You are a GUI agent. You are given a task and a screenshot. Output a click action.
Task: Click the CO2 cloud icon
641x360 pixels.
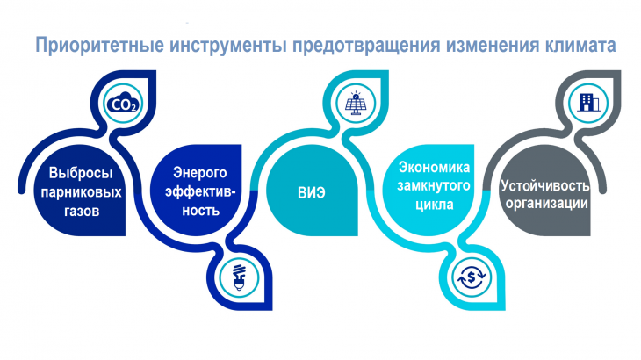(123, 104)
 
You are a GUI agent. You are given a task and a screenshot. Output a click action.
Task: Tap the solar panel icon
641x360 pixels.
(356, 103)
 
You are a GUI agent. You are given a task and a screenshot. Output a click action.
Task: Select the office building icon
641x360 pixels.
(588, 102)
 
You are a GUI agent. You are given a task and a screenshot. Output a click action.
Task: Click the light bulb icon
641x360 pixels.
(239, 277)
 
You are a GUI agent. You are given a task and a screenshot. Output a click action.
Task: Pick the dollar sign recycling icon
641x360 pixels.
(472, 277)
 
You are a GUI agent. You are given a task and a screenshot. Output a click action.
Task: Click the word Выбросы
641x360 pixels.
(81, 173)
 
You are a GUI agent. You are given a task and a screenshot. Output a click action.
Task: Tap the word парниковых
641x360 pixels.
(81, 192)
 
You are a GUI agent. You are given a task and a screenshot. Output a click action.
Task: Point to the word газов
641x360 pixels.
(82, 211)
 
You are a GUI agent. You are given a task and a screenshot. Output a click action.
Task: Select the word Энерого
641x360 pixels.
(199, 173)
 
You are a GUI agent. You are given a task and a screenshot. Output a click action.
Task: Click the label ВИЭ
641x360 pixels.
(312, 192)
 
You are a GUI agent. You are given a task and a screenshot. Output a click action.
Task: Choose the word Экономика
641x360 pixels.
(434, 167)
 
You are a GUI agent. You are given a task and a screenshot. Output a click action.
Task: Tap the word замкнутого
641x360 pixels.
(433, 186)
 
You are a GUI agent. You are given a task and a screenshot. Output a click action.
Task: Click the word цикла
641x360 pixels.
(434, 205)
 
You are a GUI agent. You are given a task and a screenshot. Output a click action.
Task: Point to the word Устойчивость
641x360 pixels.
(545, 185)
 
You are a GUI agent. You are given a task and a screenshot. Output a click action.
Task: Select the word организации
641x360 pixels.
(546, 204)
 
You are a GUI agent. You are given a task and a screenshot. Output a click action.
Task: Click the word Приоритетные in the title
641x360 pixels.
(100, 45)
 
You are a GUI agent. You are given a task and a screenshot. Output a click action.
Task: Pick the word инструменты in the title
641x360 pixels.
(228, 46)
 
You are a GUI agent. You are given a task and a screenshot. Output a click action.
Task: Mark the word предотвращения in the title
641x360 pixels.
(366, 46)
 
